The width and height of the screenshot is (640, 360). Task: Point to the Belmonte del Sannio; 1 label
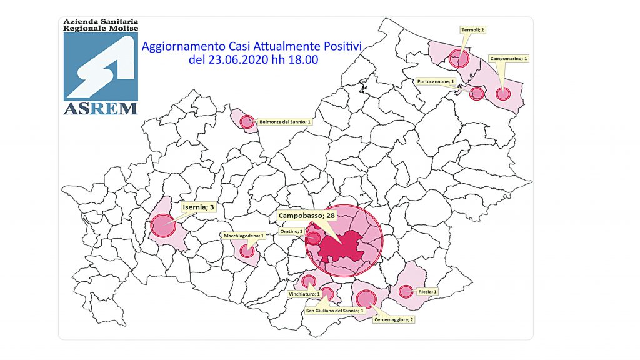(285, 122)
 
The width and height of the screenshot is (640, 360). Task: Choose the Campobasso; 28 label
(306, 215)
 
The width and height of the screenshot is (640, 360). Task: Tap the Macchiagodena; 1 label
(244, 236)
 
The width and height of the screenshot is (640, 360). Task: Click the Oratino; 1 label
(292, 232)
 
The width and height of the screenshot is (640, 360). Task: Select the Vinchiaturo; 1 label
(305, 294)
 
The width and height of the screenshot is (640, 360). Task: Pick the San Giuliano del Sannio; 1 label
(334, 310)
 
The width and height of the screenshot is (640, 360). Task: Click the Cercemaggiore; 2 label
(394, 319)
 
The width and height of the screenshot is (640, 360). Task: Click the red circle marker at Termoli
(459, 59)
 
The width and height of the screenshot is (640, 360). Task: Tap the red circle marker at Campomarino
(503, 94)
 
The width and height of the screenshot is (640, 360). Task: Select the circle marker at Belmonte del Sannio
(247, 122)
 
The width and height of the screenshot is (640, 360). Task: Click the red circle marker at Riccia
(406, 291)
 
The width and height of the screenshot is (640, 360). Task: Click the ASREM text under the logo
(100, 108)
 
